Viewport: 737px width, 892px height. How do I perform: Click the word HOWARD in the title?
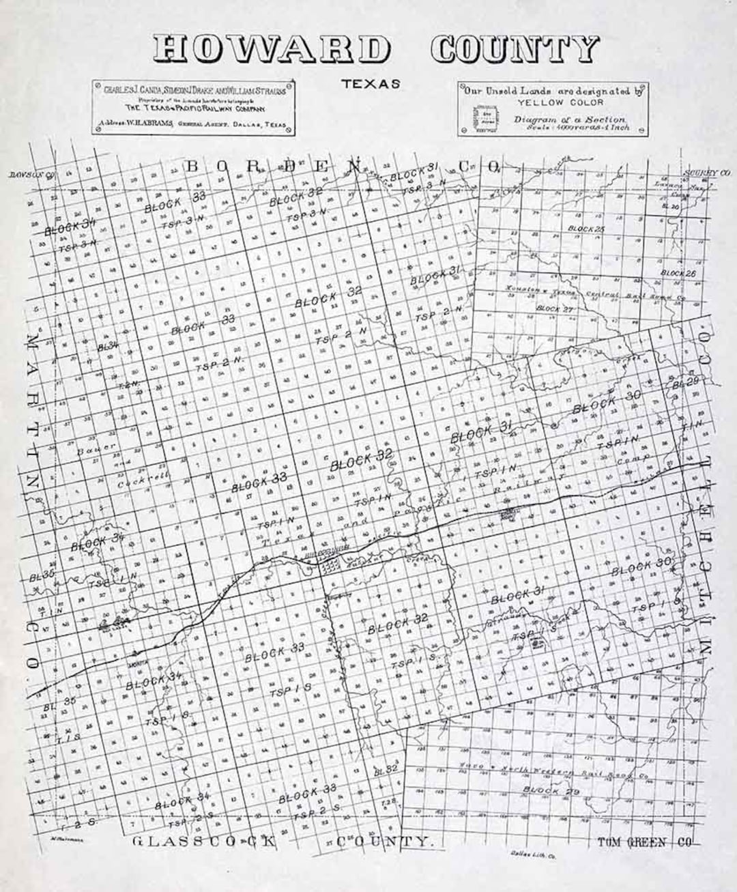coord(271,50)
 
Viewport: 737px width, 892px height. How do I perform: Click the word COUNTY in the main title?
coord(515,49)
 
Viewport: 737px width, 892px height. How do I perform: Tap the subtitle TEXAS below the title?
coord(371,85)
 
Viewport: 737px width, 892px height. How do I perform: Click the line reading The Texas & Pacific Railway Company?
coord(195,108)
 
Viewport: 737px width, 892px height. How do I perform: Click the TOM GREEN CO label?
coord(644,842)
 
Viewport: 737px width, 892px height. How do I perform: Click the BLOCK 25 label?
coord(586,229)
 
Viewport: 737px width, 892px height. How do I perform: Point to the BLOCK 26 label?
coord(678,273)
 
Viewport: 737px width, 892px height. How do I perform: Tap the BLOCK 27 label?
coord(557,308)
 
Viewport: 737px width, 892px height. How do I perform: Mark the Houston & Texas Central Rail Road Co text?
coord(594,294)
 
